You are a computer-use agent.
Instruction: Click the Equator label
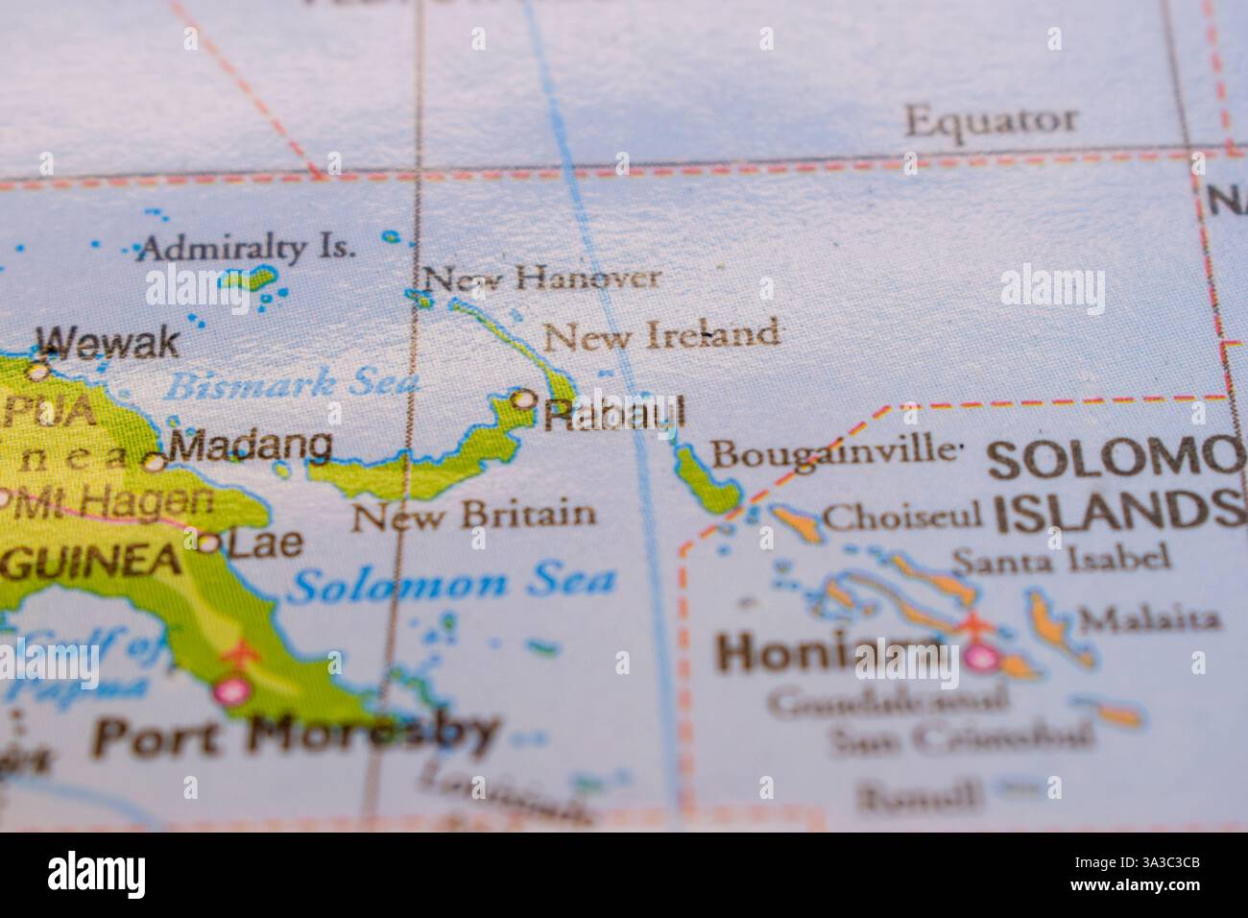pos(991,121)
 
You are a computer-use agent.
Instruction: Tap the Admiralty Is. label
pos(245,249)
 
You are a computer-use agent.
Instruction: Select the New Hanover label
pos(542,279)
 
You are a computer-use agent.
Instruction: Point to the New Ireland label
pos(661,335)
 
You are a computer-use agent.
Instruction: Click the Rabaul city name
pos(614,413)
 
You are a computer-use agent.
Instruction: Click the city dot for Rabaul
pos(523,399)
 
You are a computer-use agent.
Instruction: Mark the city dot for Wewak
pos(38,370)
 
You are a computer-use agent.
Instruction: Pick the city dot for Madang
pos(154,462)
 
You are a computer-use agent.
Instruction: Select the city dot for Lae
pos(207,544)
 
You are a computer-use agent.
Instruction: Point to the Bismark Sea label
pos(293,386)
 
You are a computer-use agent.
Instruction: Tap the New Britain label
pos(474,516)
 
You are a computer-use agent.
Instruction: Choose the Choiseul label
pos(902,517)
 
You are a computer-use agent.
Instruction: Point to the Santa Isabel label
pos(1061,558)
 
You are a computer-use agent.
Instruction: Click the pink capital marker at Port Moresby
pos(231,689)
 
